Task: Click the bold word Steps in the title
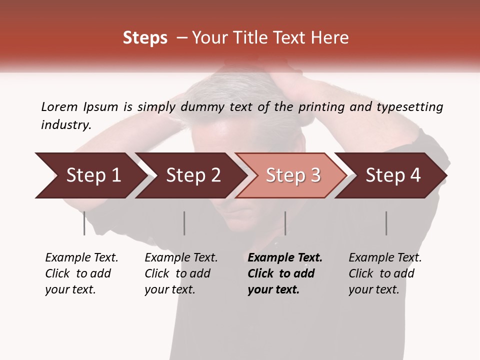[x=145, y=38]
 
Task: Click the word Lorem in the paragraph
[x=59, y=106]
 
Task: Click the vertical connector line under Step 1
[x=84, y=223]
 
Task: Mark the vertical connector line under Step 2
[x=184, y=223]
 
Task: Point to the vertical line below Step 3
[x=285, y=223]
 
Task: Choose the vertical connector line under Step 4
[x=386, y=223]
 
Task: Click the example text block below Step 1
[x=81, y=273]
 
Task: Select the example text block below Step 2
[x=181, y=273]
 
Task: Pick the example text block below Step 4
[x=385, y=273]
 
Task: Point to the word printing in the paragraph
[x=319, y=107]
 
